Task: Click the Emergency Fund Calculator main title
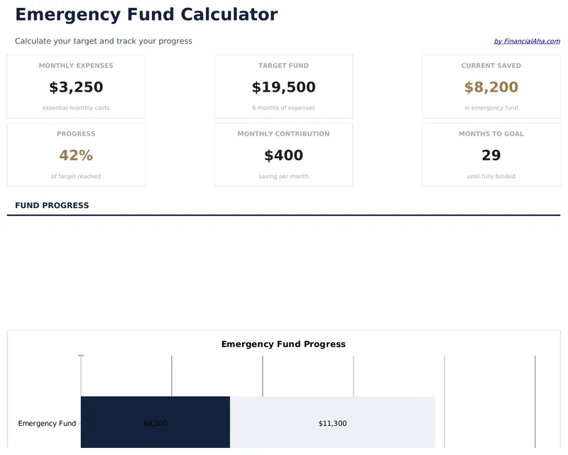coord(146,14)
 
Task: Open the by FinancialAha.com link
coord(526,41)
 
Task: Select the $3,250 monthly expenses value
coord(76,87)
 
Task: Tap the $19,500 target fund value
coord(283,87)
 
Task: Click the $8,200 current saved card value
coord(491,87)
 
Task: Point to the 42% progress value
coord(76,155)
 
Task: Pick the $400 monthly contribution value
coord(283,155)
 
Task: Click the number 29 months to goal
coord(491,155)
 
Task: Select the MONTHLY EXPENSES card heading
coord(76,65)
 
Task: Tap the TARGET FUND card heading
coord(283,65)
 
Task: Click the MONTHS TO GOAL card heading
coord(491,133)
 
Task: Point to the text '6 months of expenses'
coord(283,108)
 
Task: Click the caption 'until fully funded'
coord(491,176)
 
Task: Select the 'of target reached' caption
coord(76,176)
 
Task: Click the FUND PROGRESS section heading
coord(52,205)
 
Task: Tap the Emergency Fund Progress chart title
coord(283,344)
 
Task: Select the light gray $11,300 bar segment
coord(332,423)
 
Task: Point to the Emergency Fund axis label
coord(47,424)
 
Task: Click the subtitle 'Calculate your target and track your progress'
coord(104,41)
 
